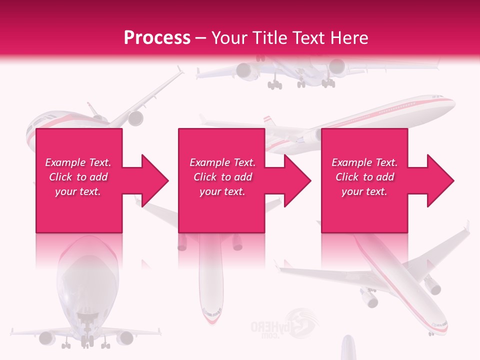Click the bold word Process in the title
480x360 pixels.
click(x=157, y=38)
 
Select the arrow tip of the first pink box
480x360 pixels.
click(x=165, y=180)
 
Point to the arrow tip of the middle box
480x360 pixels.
click(x=307, y=180)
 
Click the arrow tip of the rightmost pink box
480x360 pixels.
click(x=450, y=180)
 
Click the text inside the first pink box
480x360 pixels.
click(x=78, y=177)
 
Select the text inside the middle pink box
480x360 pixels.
click(x=222, y=177)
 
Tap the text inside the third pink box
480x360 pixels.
click(x=364, y=177)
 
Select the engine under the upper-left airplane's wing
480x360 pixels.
click(x=135, y=118)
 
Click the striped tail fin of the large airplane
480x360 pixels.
click(x=270, y=121)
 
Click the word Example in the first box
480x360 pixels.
click(x=64, y=162)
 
